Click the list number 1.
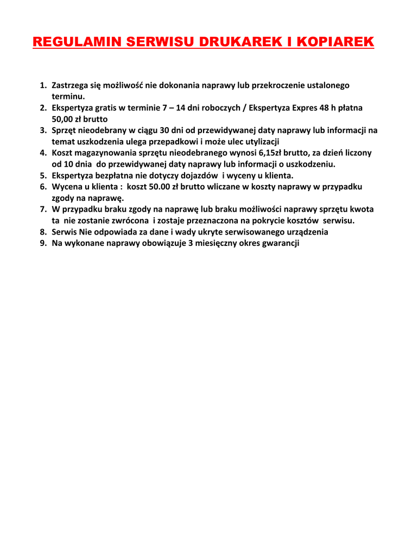(43, 85)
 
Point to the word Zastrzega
(71, 85)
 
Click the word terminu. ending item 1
(68, 96)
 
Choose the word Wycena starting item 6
(67, 187)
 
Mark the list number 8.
(43, 232)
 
